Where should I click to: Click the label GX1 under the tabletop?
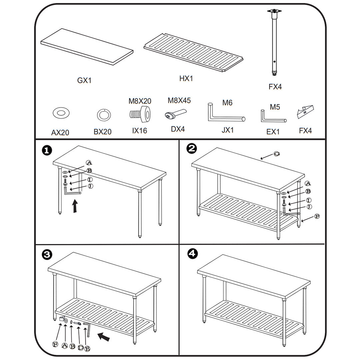pos(84,80)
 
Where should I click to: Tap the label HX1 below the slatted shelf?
pos(186,79)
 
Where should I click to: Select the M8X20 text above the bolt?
pos(140,101)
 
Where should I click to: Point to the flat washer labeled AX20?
pos(61,113)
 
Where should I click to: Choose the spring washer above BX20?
pos(102,115)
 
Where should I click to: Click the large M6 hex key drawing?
pos(223,115)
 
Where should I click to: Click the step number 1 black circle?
pos(47,150)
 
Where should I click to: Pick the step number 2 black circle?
pos(192,148)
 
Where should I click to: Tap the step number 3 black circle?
pos(47,255)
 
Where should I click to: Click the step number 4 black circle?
pos(192,254)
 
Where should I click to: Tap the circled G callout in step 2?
pos(276,154)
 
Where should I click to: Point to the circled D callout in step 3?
pos(80,348)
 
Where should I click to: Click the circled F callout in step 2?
pos(317,217)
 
